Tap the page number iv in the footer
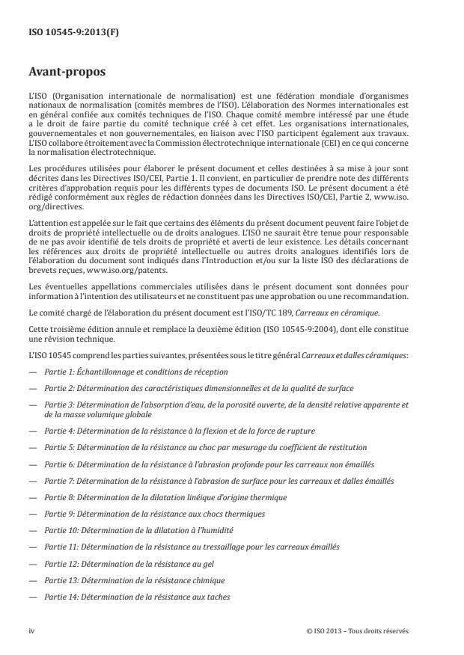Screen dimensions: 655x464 pyautogui.click(x=31, y=630)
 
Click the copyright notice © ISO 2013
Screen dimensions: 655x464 pyautogui.click(x=357, y=630)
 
